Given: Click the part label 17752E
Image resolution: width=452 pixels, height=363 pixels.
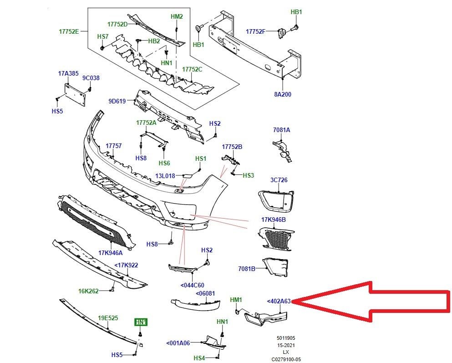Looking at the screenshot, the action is point(69,31).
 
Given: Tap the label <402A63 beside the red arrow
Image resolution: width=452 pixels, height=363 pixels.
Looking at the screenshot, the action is point(279,302).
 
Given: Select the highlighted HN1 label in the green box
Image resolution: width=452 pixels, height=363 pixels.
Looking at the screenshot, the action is point(141,322).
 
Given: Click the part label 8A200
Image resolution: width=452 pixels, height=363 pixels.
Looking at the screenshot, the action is point(283,94).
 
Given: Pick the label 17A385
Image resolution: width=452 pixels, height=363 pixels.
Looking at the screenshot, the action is point(68,73).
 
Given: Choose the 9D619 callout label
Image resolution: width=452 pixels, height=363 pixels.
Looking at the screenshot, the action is point(117,101).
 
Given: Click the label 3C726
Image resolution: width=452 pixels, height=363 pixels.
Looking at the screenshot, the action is point(279,180).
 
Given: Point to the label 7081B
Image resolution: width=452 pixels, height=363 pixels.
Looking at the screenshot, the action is point(247,269).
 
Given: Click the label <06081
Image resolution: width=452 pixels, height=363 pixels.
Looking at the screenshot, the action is point(205,293).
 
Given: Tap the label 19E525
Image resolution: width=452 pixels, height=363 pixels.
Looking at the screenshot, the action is point(108,318).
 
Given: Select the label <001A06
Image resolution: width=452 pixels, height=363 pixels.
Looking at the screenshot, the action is point(178,343).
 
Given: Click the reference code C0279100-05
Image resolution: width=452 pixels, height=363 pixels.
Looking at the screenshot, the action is point(286,359).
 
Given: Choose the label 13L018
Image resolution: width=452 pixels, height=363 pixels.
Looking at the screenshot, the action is point(165,176).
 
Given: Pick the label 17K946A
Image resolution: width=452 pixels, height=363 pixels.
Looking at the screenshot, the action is point(111,253).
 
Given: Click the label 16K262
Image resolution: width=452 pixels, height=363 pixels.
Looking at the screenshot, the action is point(88,291).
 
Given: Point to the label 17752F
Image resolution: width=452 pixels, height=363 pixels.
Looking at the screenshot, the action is point(255,31).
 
